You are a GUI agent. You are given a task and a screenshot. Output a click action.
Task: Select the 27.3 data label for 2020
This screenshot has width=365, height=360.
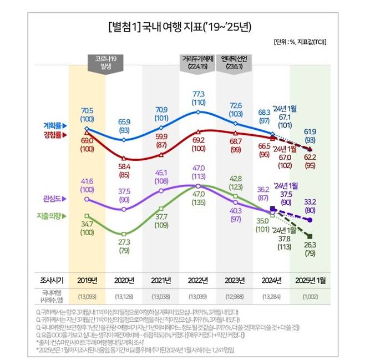(123, 242)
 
